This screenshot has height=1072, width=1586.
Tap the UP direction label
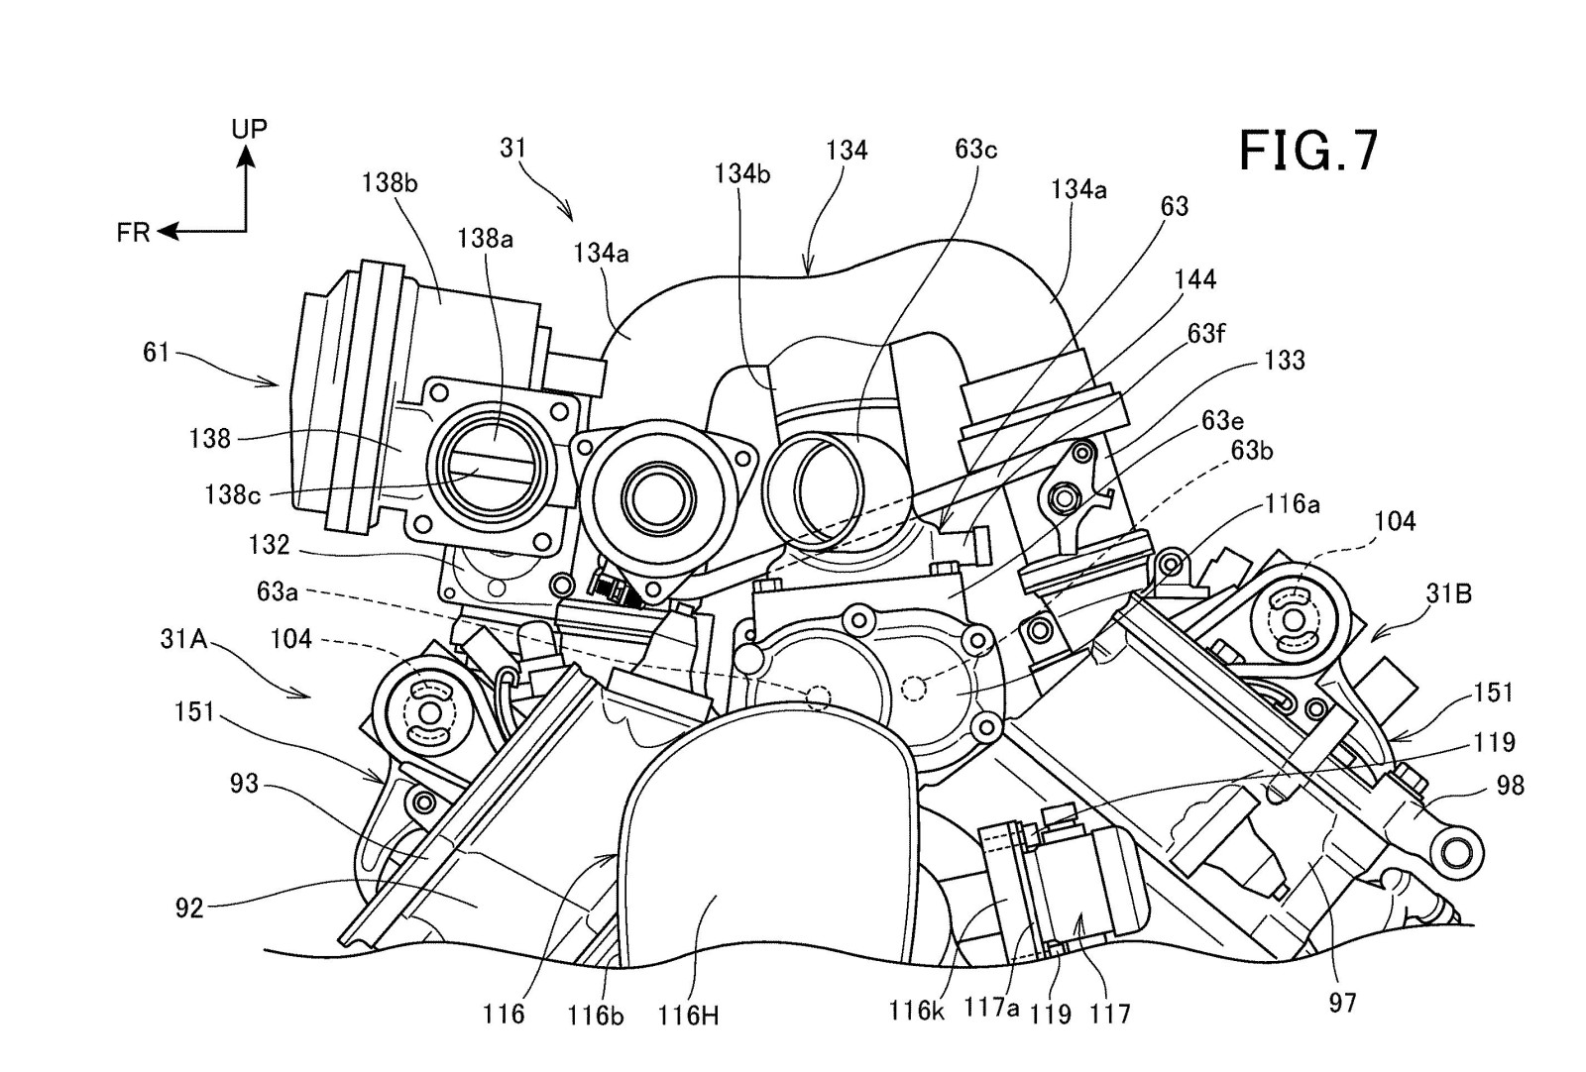pos(249,129)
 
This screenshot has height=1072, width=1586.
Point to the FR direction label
pos(133,233)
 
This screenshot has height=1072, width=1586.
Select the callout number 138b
pos(389,182)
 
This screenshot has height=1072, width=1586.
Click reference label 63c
pos(975,149)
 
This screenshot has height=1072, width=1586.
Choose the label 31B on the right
pos(1448,593)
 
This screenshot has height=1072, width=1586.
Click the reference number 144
pos(1194,279)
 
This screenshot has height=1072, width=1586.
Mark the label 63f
pos(1206,334)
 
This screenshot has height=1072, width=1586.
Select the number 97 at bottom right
pos(1341,1003)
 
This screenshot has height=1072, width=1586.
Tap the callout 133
pos(1285,360)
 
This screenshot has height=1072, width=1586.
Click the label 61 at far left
pos(157,352)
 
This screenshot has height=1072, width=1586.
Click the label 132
pos(270,544)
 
